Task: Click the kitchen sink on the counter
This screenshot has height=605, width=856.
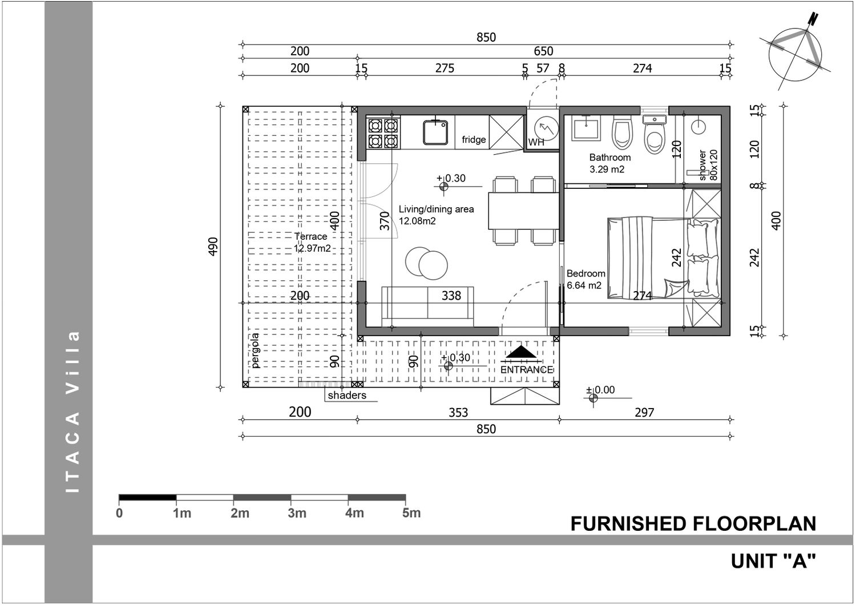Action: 435,132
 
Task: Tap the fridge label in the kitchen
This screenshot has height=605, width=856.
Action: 474,139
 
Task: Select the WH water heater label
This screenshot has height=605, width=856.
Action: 536,142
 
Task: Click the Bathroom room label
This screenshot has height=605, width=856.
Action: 610,157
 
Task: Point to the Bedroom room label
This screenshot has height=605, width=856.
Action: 586,273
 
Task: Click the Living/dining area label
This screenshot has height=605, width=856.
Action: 436,209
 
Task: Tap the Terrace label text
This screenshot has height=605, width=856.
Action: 310,236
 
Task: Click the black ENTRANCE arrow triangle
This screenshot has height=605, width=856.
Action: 521,352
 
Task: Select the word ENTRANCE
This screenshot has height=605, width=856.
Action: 527,370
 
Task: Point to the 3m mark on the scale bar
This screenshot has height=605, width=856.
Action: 297,513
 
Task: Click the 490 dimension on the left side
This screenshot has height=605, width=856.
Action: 213,247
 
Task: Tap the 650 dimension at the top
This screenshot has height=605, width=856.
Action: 543,51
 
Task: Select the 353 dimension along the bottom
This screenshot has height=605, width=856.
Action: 458,413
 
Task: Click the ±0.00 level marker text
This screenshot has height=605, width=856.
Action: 600,390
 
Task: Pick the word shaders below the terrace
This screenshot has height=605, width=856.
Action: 347,395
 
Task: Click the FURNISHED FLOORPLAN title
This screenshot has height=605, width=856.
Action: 693,523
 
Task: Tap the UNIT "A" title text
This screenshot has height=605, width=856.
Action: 773,561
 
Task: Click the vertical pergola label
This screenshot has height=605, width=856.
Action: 255,350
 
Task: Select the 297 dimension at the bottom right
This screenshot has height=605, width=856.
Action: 644,413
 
